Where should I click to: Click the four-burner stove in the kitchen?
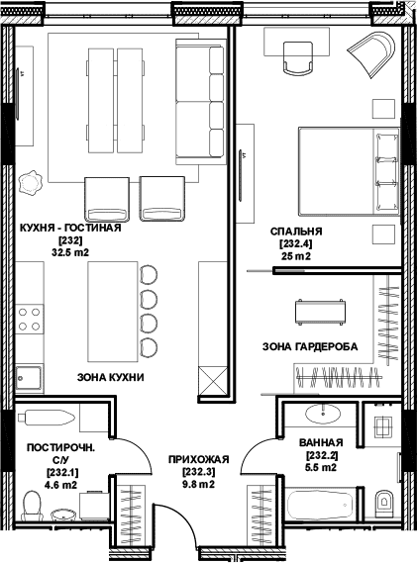pos(29,320)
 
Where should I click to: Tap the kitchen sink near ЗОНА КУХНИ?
pos(29,377)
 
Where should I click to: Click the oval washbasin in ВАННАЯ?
pos(323,414)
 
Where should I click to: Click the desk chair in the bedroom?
pos(298,57)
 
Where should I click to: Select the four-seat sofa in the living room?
pos(200,101)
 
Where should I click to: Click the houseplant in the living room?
pos(30,183)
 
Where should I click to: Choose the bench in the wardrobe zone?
pos(320,312)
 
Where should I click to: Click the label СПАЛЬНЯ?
pos(296,232)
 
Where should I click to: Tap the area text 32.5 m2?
pos(70,252)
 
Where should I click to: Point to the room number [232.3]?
pos(199,471)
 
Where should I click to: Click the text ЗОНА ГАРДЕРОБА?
pos(310,346)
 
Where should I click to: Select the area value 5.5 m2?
pos(321,467)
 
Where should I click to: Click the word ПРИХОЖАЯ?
pos(199,459)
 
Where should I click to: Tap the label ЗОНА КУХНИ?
pos(111,377)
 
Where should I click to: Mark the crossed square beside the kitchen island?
pos(213,381)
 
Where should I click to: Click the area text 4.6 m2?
pos(60,485)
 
